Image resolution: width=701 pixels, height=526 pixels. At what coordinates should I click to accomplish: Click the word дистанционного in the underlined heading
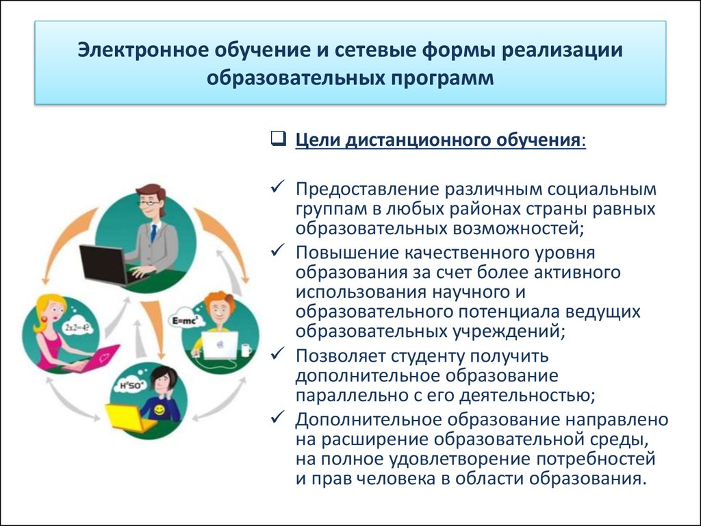(417, 140)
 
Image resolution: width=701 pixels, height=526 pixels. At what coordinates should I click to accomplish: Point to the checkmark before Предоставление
(278, 186)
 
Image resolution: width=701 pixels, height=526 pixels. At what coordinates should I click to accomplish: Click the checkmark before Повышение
(278, 250)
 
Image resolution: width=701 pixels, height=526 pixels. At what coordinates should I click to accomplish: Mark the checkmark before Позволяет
(278, 354)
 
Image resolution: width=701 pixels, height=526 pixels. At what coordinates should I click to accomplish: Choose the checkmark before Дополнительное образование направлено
(278, 417)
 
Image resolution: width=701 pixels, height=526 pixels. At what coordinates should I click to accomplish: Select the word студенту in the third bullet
(426, 356)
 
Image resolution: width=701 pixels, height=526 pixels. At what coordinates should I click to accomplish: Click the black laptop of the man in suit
(105, 266)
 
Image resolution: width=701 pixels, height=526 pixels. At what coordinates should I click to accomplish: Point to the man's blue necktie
(153, 233)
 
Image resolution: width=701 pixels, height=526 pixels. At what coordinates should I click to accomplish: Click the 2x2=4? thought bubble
(78, 327)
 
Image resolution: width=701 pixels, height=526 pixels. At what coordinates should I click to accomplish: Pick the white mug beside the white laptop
(246, 351)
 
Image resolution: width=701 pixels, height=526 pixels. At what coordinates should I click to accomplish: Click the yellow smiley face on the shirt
(159, 410)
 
